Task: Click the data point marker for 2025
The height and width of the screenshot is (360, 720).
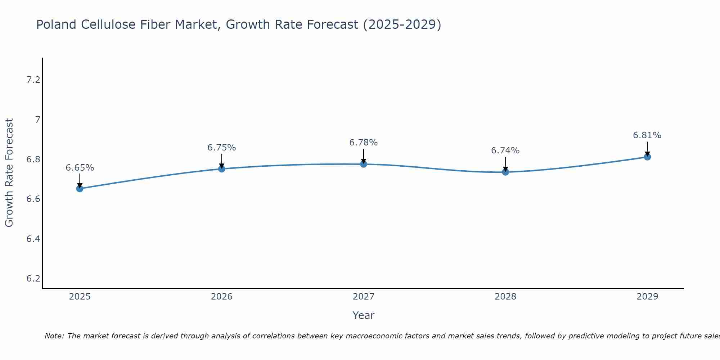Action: click(x=80, y=189)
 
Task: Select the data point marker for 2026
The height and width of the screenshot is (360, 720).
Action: click(x=222, y=169)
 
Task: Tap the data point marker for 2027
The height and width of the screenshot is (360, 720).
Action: click(x=364, y=164)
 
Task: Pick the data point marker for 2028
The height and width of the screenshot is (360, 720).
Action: click(x=505, y=172)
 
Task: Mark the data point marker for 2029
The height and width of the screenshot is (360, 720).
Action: click(x=647, y=157)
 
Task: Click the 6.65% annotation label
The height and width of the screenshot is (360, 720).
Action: click(x=80, y=168)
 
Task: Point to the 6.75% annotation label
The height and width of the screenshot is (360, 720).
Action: click(x=222, y=148)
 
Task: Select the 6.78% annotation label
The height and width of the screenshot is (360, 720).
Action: click(x=364, y=143)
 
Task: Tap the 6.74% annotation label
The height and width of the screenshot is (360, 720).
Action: click(x=505, y=150)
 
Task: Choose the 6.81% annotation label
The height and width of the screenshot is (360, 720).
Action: click(x=647, y=135)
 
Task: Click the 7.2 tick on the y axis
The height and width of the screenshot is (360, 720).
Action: click(x=33, y=80)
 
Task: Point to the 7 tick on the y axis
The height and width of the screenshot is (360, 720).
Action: click(x=37, y=120)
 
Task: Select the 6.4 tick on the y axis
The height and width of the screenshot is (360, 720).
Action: click(x=33, y=239)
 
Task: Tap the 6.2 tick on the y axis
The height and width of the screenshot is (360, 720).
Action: click(x=33, y=279)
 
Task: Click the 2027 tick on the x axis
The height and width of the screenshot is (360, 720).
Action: click(x=364, y=297)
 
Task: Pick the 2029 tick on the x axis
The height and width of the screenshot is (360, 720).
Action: click(x=647, y=297)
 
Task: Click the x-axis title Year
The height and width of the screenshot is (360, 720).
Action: click(x=364, y=315)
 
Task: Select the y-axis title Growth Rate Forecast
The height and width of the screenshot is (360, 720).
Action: click(x=9, y=173)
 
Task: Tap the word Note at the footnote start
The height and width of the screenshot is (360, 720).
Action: click(x=54, y=336)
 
